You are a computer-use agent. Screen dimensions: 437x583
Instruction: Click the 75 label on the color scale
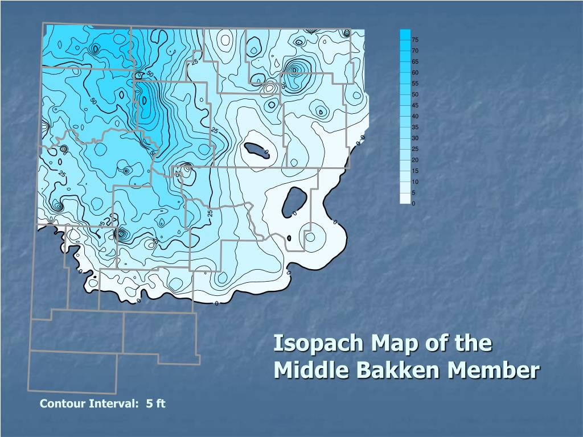[x=415, y=40]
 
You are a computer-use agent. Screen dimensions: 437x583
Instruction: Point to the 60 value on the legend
[x=415, y=72]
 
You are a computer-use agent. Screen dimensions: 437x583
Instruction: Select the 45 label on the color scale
[x=415, y=105]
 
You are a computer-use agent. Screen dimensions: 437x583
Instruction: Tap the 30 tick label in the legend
[x=415, y=138]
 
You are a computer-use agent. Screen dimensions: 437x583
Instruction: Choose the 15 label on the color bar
[x=415, y=171]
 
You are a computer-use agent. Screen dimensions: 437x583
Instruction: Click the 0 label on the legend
[x=414, y=204]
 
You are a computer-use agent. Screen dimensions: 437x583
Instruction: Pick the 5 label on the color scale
[x=414, y=193]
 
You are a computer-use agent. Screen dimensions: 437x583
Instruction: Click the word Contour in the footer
[x=63, y=404]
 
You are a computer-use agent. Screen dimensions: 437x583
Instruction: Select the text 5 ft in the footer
[x=155, y=404]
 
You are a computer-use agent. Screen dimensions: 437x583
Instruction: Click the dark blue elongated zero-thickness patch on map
[x=256, y=150]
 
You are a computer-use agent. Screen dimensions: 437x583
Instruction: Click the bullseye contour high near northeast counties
[x=294, y=70]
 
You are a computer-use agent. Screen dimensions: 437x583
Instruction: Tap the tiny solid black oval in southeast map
[x=289, y=238]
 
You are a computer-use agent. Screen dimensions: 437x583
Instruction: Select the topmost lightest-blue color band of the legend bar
[x=405, y=34]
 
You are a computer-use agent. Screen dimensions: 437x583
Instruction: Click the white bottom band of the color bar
[x=405, y=199]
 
